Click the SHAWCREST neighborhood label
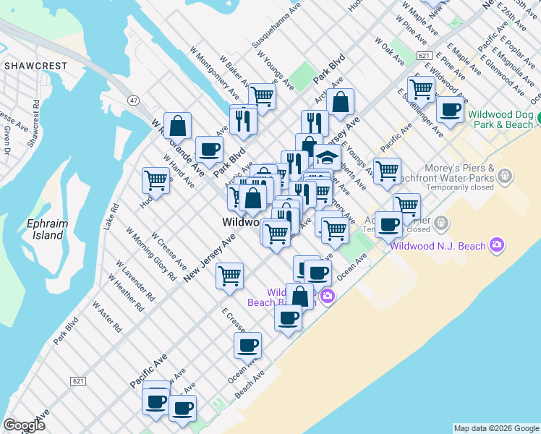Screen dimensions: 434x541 (x=35, y=66)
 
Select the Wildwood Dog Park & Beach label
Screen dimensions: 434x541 (x=500, y=119)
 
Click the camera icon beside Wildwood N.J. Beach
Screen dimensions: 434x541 (x=496, y=246)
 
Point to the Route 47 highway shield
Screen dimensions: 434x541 (x=133, y=99)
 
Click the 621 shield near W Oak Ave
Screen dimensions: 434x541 (x=425, y=56)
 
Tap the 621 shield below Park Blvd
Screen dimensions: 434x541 (x=79, y=380)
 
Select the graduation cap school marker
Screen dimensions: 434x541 (x=327, y=157)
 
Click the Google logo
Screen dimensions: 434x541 (x=24, y=425)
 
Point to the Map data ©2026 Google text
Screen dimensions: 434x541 (x=497, y=428)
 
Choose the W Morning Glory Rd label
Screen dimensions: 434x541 (x=150, y=254)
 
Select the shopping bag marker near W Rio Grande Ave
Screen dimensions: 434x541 (x=177, y=126)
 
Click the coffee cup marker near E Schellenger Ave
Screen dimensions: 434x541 (x=450, y=110)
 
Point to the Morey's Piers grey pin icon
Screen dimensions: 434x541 (x=505, y=175)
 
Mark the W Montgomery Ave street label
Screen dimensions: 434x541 (x=214, y=75)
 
